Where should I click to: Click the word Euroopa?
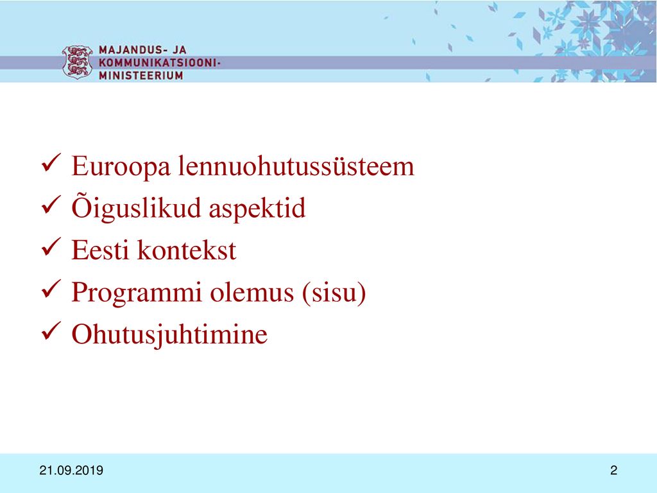click(121, 167)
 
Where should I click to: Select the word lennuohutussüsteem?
click(296, 166)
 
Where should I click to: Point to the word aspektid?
click(257, 209)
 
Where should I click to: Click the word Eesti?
click(100, 250)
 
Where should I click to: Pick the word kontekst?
click(187, 250)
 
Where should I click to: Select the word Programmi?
click(137, 293)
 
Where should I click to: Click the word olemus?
click(252, 292)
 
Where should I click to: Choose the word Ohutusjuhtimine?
click(169, 334)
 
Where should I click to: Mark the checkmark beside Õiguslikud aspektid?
click(51, 205)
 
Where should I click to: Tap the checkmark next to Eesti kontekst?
click(51, 246)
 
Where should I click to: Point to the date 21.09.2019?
click(71, 471)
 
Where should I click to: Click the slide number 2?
click(613, 471)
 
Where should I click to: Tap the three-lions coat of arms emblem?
click(77, 62)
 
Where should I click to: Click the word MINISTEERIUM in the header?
click(141, 76)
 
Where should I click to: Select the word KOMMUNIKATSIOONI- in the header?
click(160, 62)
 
